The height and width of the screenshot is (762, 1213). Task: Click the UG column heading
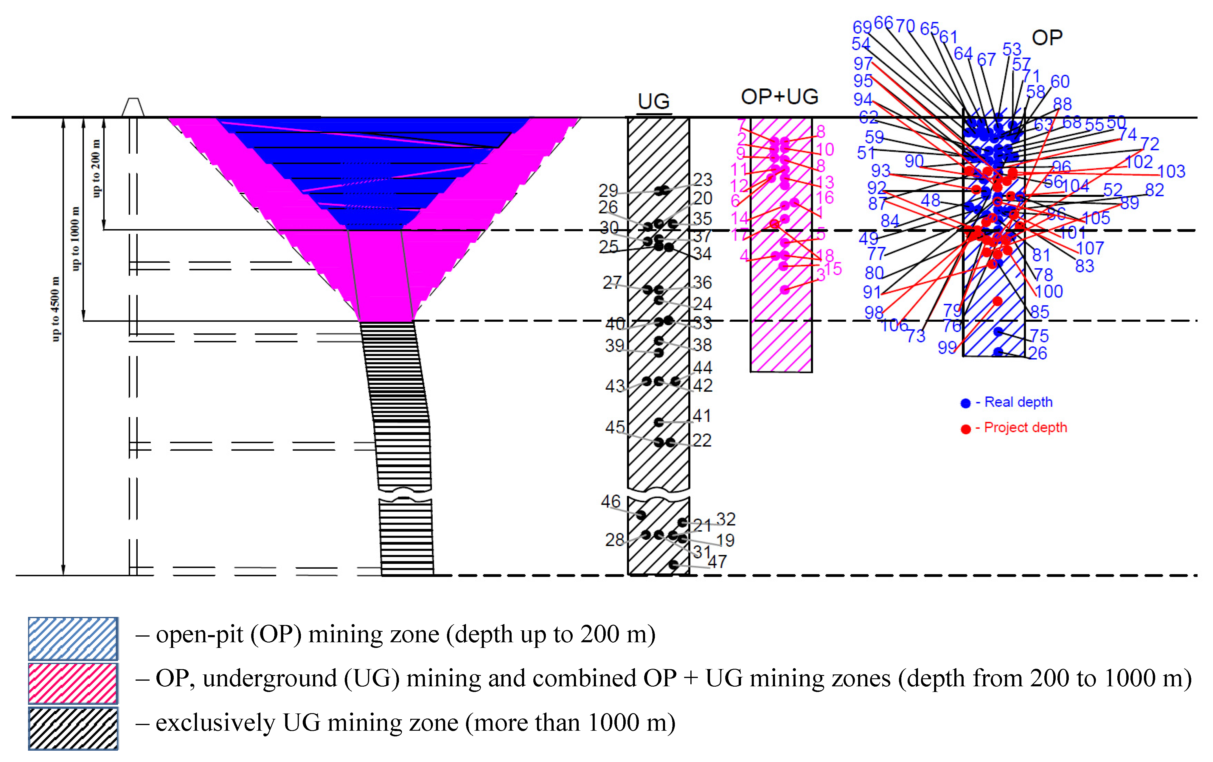coord(653,101)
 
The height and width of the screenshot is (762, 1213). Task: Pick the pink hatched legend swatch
coord(73,683)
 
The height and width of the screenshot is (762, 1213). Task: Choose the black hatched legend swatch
coord(73,728)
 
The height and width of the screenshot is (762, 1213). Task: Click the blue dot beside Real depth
coord(965,403)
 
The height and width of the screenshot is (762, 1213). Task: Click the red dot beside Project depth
coord(965,429)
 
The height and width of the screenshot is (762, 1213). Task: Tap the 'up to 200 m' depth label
coord(96,168)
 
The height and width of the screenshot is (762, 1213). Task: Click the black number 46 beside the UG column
coord(611,502)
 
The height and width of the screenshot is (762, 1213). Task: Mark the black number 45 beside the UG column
coord(615,427)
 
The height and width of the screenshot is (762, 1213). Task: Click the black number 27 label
coord(612,282)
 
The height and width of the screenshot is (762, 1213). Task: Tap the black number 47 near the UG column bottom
coord(717,562)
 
